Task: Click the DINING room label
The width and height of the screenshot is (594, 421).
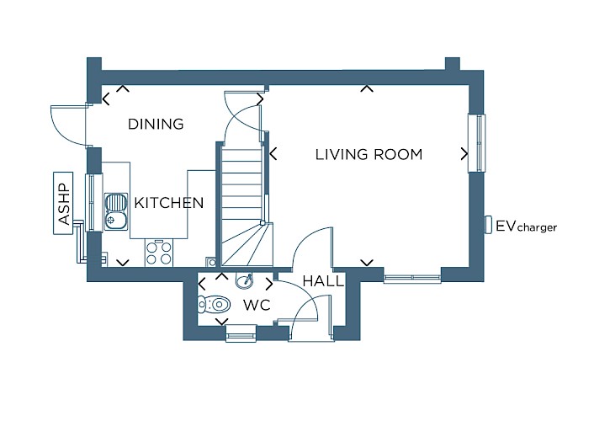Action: point(156,124)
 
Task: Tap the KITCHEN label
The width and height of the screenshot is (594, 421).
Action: point(169,203)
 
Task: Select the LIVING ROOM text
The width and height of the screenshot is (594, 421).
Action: point(369,154)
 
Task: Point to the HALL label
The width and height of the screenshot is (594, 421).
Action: point(323,281)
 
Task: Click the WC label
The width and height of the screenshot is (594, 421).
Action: point(257,305)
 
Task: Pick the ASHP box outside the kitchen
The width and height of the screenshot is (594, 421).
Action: point(63,203)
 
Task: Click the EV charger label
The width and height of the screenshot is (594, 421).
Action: point(527,226)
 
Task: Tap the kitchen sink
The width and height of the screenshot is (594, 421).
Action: point(117,211)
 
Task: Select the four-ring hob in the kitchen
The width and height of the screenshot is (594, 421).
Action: point(159,253)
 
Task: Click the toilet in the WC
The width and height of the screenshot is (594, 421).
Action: point(214,304)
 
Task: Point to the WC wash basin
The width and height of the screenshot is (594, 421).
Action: point(245,280)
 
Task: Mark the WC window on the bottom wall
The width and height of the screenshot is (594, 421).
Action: point(241,333)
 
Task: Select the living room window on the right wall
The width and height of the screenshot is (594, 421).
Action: point(476,143)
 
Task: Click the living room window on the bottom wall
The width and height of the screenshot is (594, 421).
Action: point(412,279)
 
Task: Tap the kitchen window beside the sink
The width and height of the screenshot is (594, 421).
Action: point(93,202)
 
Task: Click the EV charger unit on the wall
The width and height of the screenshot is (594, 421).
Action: point(489,224)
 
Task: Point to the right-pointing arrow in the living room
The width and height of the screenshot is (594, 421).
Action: point(464,153)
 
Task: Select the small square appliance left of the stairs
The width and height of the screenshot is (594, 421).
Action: point(211,262)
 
